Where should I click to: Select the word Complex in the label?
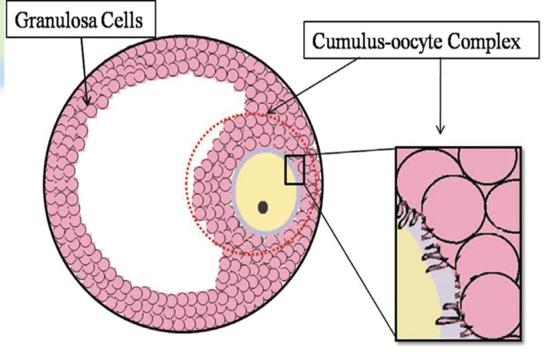point(483,44)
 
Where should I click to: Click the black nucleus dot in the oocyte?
point(263,208)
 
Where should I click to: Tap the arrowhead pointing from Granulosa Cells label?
point(87,102)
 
